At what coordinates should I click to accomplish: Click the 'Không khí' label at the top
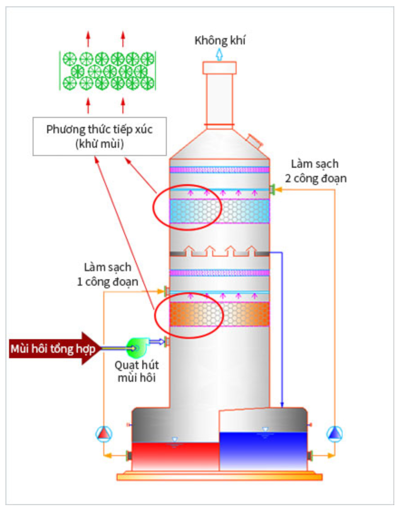coord(220,40)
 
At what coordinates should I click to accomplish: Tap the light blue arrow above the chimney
coord(219,54)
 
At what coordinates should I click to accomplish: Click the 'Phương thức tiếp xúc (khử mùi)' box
coord(100,136)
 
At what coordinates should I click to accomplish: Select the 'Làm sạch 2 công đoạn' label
coord(315,171)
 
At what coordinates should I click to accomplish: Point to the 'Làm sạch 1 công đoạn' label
coord(107,274)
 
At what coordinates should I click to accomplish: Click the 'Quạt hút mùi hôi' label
coord(137,371)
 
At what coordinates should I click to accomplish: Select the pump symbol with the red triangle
coord(104,434)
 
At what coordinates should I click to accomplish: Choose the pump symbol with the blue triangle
coord(334,434)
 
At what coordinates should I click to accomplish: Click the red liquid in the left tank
coord(175,456)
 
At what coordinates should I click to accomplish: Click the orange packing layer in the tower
coord(219,314)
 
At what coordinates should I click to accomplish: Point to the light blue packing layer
coord(219,211)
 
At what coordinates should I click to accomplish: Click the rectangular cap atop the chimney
coord(219,68)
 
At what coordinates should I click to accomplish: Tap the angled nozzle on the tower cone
coord(254,141)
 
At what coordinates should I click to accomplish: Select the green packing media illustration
coord(108,71)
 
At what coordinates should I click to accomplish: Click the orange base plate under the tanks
coord(219,477)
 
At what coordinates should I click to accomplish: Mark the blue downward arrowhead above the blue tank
coord(282,404)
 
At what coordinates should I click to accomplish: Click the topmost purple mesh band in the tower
coord(219,170)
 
